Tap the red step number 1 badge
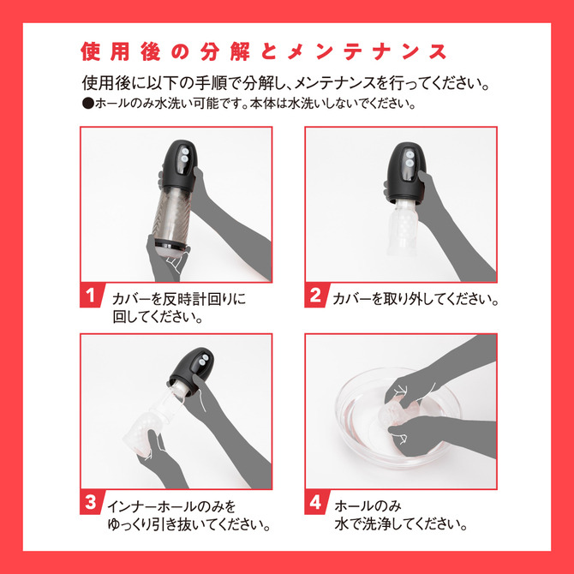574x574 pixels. pyautogui.click(x=92, y=296)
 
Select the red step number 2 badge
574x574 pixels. pyautogui.click(x=316, y=296)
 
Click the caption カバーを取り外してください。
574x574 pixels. pyautogui.click(x=416, y=299)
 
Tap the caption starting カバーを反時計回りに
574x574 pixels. pyautogui.click(x=178, y=299)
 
